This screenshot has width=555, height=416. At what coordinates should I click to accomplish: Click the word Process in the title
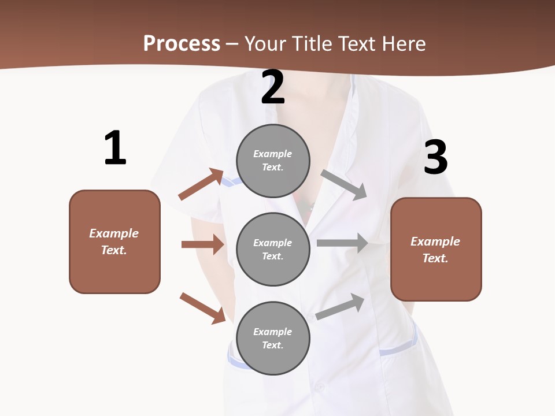182,44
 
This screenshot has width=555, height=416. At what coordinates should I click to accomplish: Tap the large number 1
114,148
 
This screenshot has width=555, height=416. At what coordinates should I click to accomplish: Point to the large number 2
273,88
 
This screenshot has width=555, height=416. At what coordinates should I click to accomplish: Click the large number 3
435,158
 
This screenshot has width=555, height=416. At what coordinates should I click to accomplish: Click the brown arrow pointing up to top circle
201,184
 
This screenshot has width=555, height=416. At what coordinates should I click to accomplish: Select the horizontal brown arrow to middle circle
202,244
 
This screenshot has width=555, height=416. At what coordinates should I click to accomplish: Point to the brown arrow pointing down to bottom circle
203,307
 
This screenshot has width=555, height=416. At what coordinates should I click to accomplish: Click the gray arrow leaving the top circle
344,184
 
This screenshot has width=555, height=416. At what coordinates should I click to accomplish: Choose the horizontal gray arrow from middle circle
342,243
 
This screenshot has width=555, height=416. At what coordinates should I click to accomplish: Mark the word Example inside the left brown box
114,233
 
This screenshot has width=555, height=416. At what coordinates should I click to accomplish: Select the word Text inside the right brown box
435,258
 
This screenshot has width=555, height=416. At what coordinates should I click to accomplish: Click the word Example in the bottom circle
272,332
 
